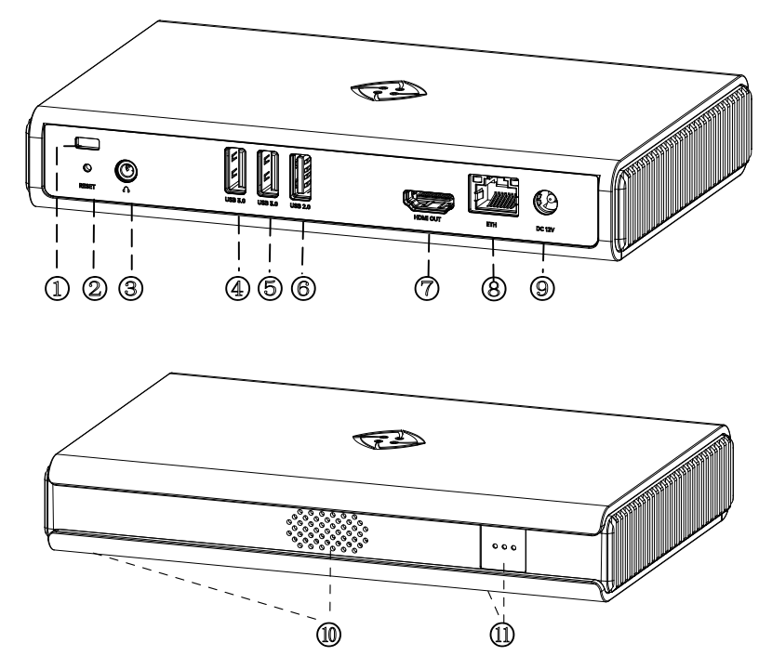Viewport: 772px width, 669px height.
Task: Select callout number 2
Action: tap(93, 288)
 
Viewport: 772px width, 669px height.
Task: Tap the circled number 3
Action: tap(130, 288)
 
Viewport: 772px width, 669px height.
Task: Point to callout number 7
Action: tap(428, 288)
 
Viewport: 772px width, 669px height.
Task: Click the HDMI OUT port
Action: tap(427, 199)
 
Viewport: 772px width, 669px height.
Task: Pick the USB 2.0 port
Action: tap(301, 176)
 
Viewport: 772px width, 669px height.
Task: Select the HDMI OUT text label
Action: tap(427, 219)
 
